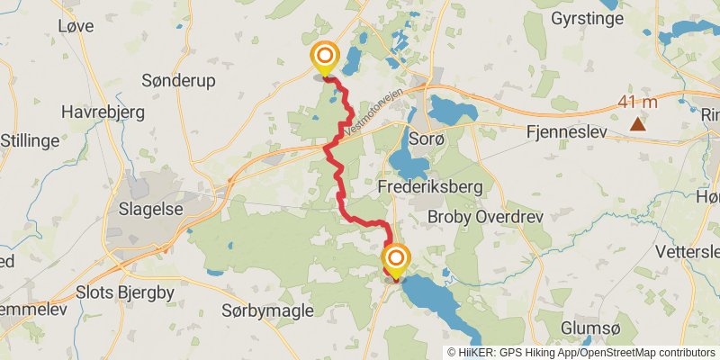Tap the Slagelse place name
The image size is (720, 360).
click(x=146, y=209)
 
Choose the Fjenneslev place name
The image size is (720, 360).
click(x=565, y=131)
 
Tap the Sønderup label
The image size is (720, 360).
click(x=178, y=81)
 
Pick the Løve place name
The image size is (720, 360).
click(x=75, y=26)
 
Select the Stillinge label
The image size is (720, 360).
click(x=30, y=140)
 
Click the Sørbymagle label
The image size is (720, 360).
click(x=267, y=310)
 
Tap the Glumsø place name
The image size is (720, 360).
click(x=589, y=328)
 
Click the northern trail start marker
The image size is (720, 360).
click(x=325, y=58)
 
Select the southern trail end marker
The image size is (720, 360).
click(x=395, y=260)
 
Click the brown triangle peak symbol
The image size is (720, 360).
click(x=637, y=124)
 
